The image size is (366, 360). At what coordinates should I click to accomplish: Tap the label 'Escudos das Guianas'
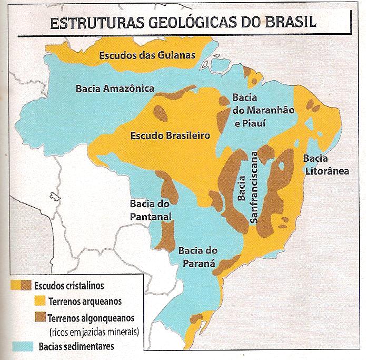[147, 55]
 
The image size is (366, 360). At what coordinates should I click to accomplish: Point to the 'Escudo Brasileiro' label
[170, 135]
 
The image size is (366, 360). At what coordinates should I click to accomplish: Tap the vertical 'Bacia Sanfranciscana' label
[247, 188]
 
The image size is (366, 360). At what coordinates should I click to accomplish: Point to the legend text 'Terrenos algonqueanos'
[91, 318]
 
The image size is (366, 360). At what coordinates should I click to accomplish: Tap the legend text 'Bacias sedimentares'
[76, 346]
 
